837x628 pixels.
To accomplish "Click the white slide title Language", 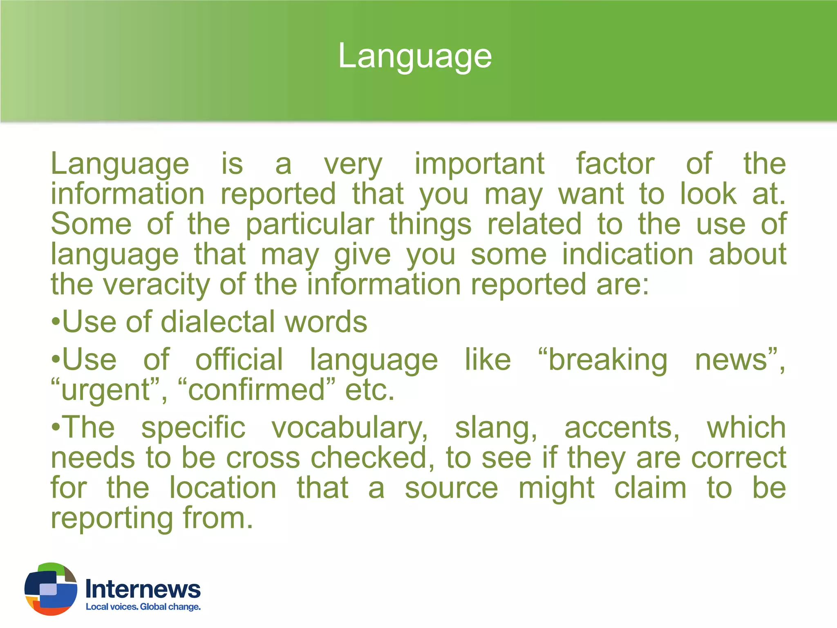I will pyautogui.click(x=415, y=56).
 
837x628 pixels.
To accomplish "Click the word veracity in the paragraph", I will pyautogui.click(x=156, y=285).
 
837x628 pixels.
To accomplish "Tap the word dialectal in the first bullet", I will pyautogui.click(x=218, y=322).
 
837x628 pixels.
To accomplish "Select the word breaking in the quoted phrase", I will pyautogui.click(x=607, y=360).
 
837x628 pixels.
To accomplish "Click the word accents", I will pyautogui.click(x=621, y=428).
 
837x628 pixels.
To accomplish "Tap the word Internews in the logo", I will pyautogui.click(x=143, y=589).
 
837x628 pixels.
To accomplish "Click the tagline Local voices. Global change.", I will pyautogui.click(x=143, y=607).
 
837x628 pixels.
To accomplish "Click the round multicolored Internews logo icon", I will pyautogui.click(x=51, y=589).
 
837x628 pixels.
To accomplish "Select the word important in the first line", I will pyautogui.click(x=479, y=164).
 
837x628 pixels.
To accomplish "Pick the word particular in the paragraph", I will pyautogui.click(x=310, y=224).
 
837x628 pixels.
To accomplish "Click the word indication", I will pyautogui.click(x=627, y=254).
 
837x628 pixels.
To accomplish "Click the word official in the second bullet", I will pyautogui.click(x=239, y=360).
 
